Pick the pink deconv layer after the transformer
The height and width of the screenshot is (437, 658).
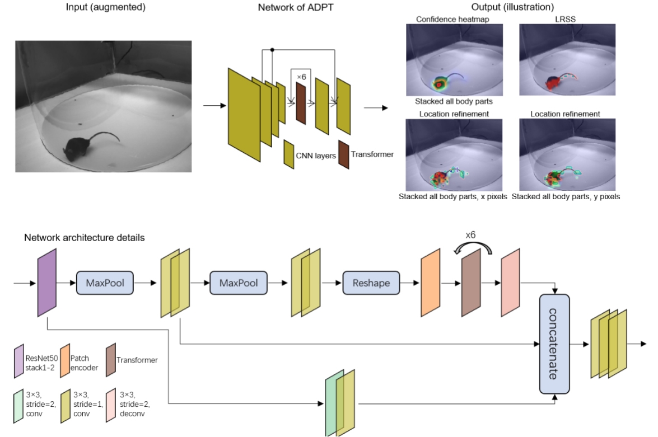511,283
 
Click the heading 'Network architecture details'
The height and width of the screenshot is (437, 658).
84,237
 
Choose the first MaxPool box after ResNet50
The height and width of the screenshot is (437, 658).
105,283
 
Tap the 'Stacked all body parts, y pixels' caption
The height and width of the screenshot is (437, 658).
566,197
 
